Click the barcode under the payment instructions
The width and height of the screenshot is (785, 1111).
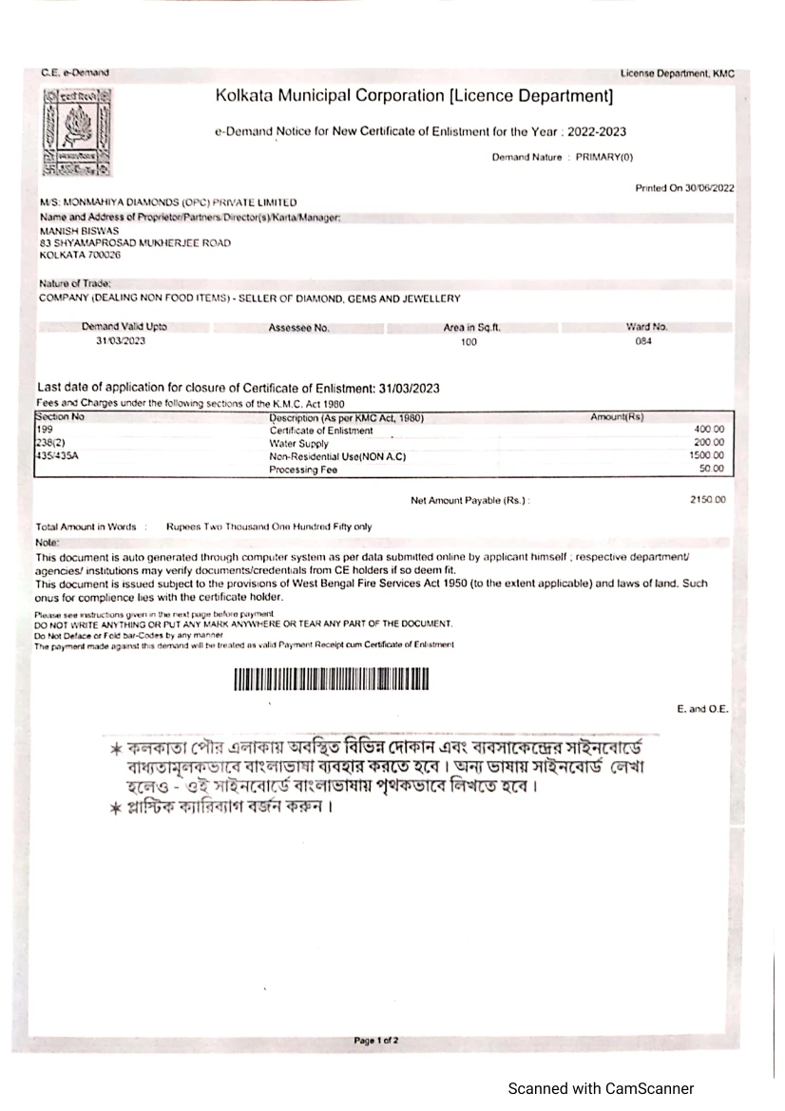(332, 680)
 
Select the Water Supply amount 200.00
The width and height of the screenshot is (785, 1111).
(711, 443)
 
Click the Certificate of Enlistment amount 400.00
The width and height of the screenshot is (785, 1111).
(711, 431)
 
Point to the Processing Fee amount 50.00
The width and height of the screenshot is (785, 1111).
(713, 469)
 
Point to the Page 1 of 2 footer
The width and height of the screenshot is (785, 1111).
(375, 1041)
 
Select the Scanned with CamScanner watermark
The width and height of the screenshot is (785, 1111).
(601, 1089)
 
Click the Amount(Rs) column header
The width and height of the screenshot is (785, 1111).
(618, 418)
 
